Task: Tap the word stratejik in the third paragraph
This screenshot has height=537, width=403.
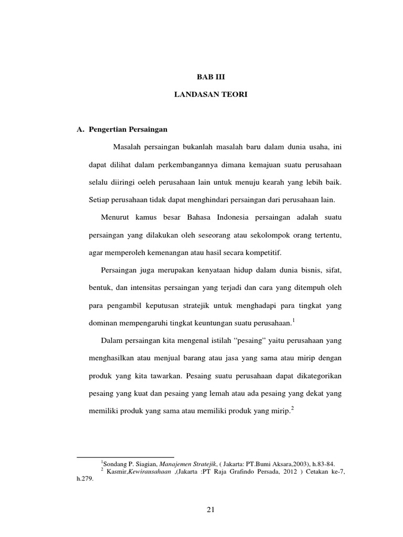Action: coord(182,305)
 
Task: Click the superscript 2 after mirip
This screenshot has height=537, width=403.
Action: coord(292,409)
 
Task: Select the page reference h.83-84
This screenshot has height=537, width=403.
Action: coord(320,463)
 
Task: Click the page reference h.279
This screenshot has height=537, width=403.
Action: coord(84,478)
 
